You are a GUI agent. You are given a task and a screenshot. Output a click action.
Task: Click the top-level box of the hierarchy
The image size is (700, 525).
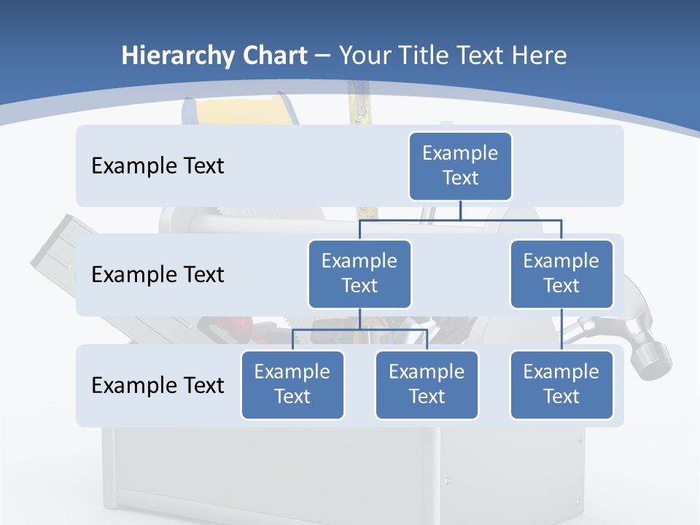pos(460,166)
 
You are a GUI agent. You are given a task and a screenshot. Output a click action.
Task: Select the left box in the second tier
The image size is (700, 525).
pos(359,273)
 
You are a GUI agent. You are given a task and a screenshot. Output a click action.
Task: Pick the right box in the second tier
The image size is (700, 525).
pos(561,273)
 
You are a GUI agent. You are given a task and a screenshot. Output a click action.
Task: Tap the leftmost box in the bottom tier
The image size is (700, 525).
pos(292,384)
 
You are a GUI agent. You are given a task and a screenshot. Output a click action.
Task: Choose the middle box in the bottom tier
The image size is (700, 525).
pos(427,384)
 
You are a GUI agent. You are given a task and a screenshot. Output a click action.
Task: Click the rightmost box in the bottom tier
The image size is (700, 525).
pos(561,384)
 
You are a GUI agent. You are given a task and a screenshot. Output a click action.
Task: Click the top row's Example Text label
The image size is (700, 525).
pos(157,166)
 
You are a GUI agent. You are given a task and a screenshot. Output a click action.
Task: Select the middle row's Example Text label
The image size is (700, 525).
pos(157,275)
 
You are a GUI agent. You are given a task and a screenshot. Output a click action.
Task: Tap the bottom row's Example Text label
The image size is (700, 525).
pos(157,385)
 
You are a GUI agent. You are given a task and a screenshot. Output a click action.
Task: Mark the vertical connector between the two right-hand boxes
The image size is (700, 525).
pos(561,330)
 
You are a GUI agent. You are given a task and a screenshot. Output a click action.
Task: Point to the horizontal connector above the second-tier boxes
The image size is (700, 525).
pos(460,219)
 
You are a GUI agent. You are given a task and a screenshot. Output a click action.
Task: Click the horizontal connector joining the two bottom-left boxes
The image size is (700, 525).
pos(359,330)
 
